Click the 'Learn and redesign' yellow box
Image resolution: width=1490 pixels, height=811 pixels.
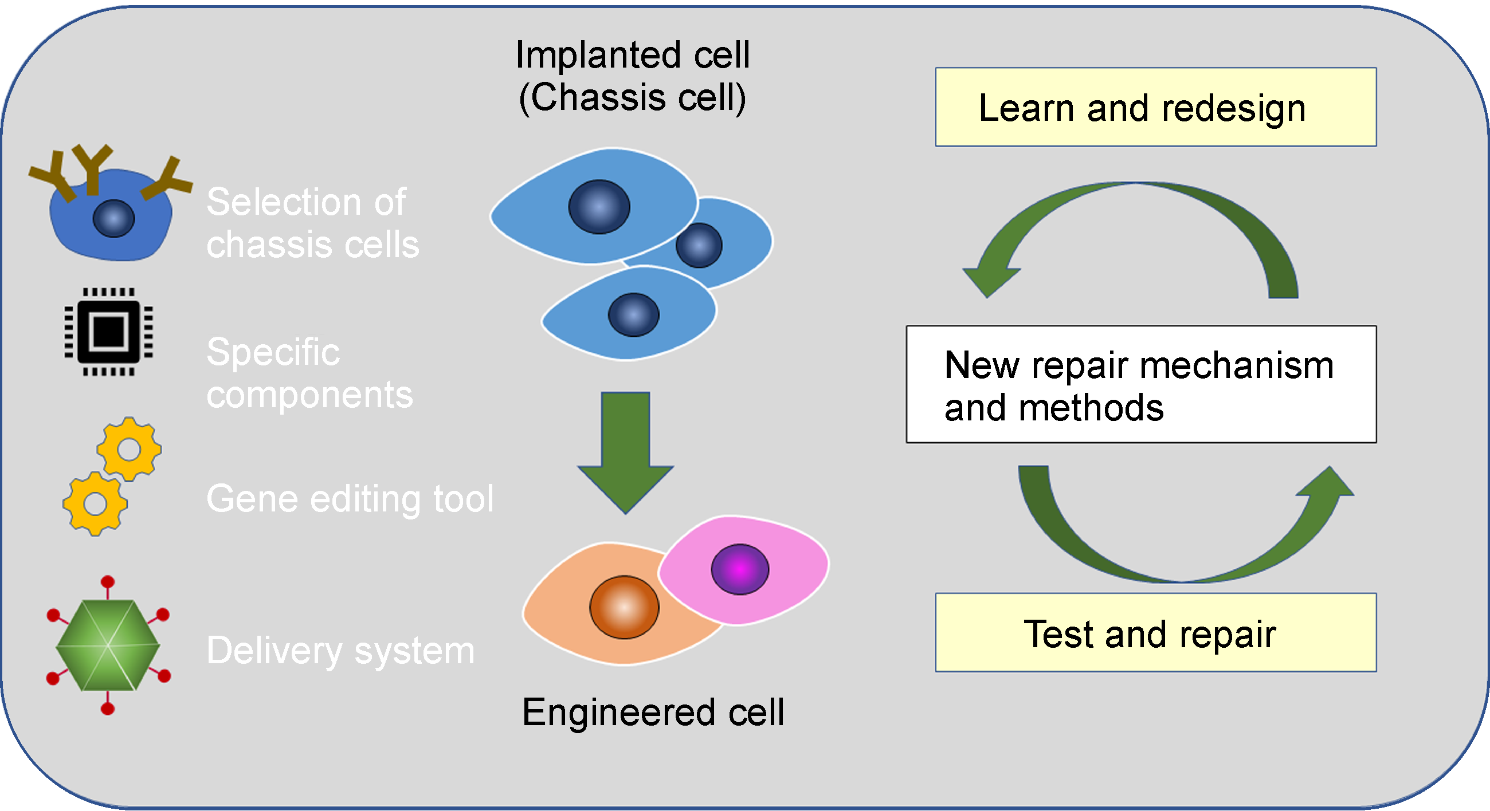pyautogui.click(x=1155, y=107)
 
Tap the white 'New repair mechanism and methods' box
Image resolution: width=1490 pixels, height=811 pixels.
pyautogui.click(x=1140, y=384)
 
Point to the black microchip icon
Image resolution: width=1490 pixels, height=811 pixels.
pyautogui.click(x=109, y=332)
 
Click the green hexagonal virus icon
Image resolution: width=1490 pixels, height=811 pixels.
pyautogui.click(x=108, y=645)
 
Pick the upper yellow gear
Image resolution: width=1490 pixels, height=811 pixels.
pyautogui.click(x=129, y=449)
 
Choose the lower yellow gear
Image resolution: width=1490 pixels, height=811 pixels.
pyautogui.click(x=96, y=503)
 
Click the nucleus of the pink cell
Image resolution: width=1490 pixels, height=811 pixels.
pyautogui.click(x=739, y=569)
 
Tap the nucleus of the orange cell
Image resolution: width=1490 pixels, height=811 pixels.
pyautogui.click(x=624, y=607)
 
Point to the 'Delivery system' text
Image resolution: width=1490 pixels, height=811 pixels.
pyautogui.click(x=340, y=651)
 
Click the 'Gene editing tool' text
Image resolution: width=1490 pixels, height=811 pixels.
pyautogui.click(x=350, y=498)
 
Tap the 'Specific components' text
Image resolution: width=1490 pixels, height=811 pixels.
pyautogui.click(x=309, y=373)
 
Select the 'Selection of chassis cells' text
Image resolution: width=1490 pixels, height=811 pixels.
pyautogui.click(x=312, y=223)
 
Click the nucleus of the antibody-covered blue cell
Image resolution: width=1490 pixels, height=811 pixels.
pyautogui.click(x=113, y=219)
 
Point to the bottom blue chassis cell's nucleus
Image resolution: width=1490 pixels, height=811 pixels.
pyautogui.click(x=633, y=315)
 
